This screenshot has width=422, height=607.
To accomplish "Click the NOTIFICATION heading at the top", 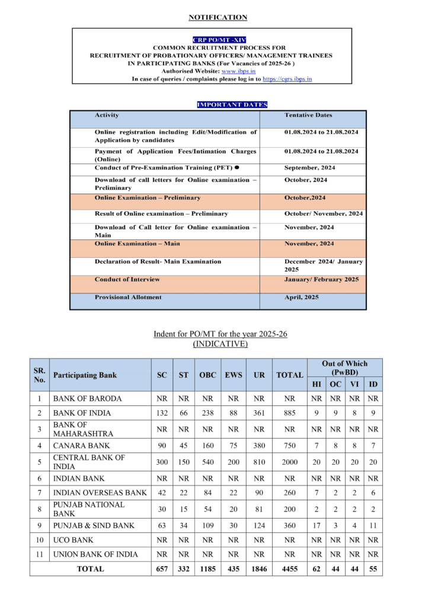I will pos(218,17).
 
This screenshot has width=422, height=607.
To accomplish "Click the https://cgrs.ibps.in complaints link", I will pos(287,78).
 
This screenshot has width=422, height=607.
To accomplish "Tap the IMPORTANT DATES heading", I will pos(232,105).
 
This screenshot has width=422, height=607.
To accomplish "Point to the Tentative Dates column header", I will pos(308,115).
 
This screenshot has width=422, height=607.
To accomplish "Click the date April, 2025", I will pos(302,297).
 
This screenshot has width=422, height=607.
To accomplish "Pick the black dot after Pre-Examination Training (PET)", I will pos(236,168).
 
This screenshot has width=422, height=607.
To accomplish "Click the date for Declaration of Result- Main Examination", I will pos(324,265).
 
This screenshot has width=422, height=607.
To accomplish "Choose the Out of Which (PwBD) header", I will pos(344,367).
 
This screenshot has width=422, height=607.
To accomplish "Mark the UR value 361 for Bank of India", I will pos(258,413).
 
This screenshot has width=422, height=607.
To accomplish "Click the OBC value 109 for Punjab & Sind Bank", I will pos(207,525).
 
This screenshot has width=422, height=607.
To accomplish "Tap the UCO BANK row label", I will pos(73,540).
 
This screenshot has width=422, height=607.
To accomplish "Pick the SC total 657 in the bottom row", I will pos(161,568).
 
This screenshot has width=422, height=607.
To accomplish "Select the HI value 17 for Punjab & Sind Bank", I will pos(316,525).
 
